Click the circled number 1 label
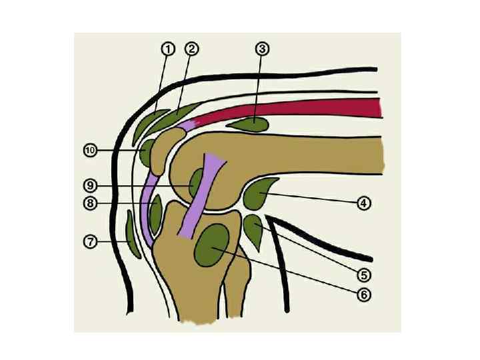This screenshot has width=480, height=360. (167, 49)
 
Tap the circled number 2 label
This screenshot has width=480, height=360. (191, 49)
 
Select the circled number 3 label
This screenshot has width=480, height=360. (262, 49)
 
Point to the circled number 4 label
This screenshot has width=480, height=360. (363, 203)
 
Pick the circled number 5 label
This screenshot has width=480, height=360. (363, 274)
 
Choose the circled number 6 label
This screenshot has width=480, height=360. (363, 294)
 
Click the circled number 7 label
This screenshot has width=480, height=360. (89, 241)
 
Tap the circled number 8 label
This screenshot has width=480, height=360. (89, 203)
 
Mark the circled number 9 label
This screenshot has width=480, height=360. (89, 185)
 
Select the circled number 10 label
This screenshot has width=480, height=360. (89, 151)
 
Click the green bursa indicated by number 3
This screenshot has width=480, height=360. (249, 123)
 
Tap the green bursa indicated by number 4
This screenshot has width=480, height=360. (259, 193)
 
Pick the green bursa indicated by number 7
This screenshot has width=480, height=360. (132, 235)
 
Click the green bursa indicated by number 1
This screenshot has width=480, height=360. (150, 124)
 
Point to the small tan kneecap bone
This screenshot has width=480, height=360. (164, 150)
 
